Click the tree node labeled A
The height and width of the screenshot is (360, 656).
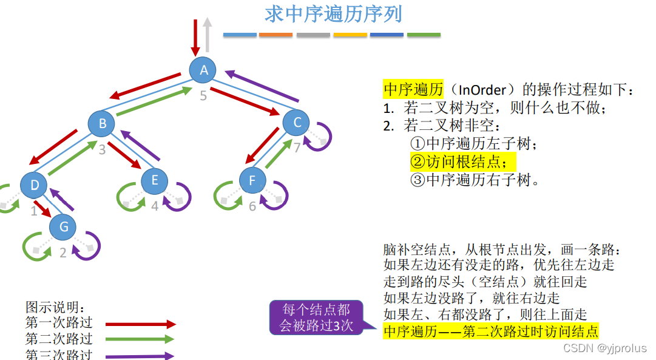click(204, 70)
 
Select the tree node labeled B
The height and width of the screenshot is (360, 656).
click(103, 124)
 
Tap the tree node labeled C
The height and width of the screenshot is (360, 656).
click(297, 123)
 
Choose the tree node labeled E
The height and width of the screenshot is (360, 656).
click(155, 180)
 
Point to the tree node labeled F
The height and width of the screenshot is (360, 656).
click(252, 180)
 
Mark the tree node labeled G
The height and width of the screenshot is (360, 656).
click(63, 227)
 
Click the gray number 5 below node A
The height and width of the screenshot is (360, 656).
click(203, 95)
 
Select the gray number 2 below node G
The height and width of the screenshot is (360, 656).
click(63, 254)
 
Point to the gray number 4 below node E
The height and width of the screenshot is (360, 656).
click(155, 206)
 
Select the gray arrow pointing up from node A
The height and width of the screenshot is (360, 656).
click(208, 35)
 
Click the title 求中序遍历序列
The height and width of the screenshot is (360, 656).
click(333, 14)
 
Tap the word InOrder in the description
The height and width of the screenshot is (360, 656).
click(482, 90)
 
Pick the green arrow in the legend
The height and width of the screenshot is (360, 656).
click(140, 339)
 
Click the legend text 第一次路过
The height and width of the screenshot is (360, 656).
click(59, 323)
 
